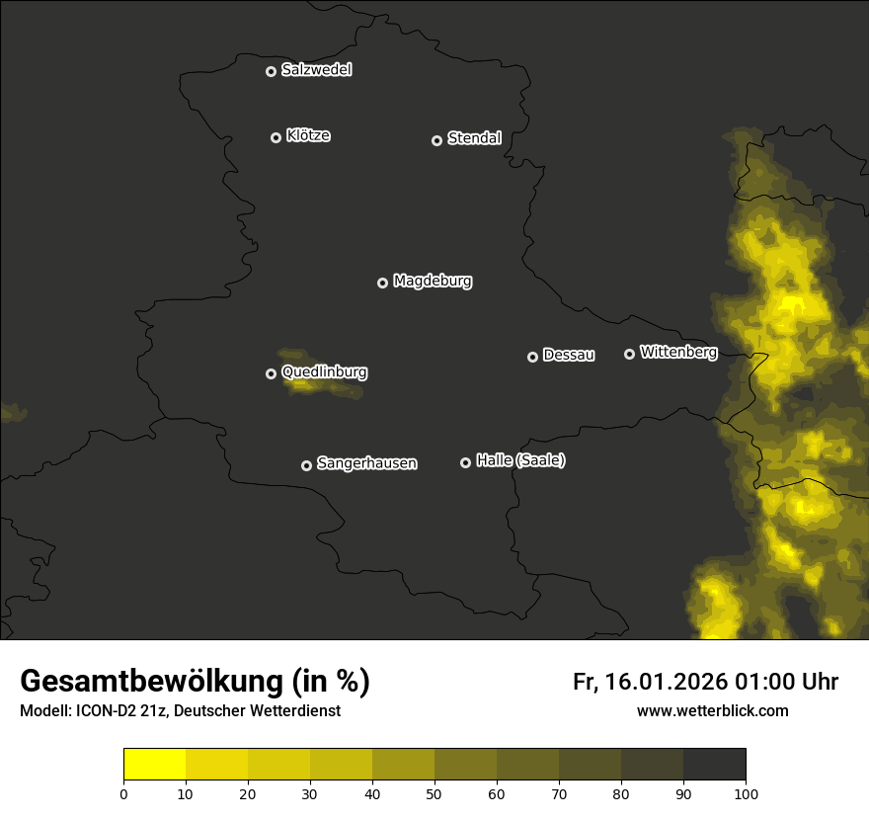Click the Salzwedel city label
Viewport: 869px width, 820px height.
pyautogui.click(x=316, y=70)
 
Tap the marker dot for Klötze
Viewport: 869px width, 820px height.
pyautogui.click(x=276, y=137)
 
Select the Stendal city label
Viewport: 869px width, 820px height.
pyautogui.click(x=474, y=138)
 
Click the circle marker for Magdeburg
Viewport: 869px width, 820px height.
pyautogui.click(x=383, y=283)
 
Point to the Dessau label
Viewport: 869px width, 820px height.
pyautogui.click(x=569, y=355)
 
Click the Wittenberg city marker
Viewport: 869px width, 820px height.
pyautogui.click(x=630, y=354)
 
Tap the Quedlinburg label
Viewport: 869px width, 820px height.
pyautogui.click(x=324, y=372)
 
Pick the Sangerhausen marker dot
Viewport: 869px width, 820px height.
pyautogui.click(x=307, y=465)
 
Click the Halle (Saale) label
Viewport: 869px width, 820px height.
pyautogui.click(x=520, y=460)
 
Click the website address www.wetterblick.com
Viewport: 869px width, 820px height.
pyautogui.click(x=713, y=710)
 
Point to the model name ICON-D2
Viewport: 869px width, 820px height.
pyautogui.click(x=107, y=711)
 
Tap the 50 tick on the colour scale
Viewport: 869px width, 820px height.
pyautogui.click(x=434, y=792)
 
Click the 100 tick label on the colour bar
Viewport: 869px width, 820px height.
pyautogui.click(x=746, y=792)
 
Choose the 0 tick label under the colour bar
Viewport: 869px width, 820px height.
pyautogui.click(x=123, y=792)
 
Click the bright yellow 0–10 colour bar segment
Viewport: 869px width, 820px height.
pyautogui.click(x=154, y=764)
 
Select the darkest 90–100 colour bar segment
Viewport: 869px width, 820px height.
pyautogui.click(x=714, y=764)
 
